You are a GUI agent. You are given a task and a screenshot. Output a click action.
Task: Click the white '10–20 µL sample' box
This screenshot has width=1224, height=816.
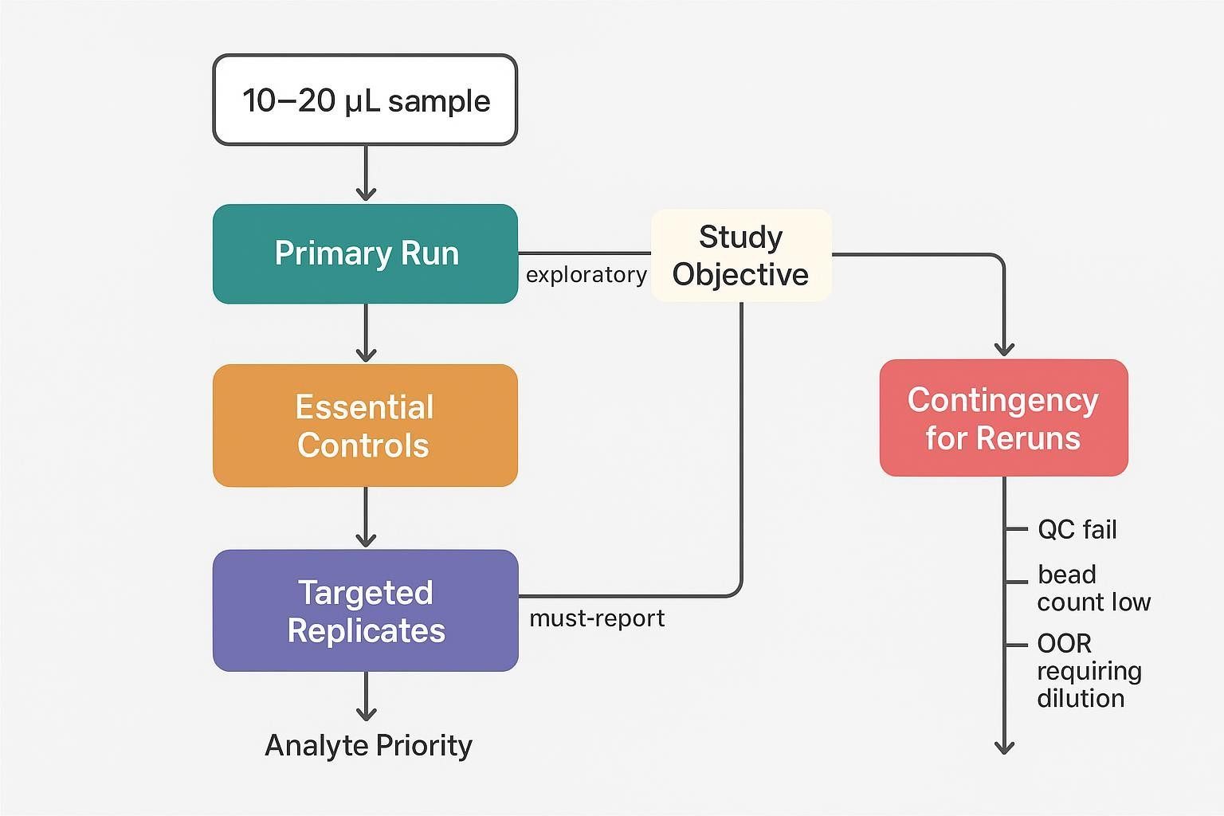[x=365, y=100]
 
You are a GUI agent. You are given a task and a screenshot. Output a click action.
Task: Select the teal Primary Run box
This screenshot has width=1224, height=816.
[x=365, y=253]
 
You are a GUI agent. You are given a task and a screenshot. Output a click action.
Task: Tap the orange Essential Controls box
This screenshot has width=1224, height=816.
[x=365, y=426]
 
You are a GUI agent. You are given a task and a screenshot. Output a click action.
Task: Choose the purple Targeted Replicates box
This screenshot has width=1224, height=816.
[x=365, y=610]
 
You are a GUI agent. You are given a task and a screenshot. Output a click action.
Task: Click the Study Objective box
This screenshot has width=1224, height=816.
[x=741, y=255]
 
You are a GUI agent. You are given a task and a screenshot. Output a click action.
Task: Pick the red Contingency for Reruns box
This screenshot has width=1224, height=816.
[x=1003, y=418]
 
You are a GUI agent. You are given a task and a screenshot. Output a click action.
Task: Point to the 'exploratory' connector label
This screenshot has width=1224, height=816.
[x=586, y=275]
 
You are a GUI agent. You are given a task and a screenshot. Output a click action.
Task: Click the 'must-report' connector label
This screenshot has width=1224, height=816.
[x=597, y=618]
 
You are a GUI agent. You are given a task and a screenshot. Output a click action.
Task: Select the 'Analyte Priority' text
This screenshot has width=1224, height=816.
[x=368, y=746]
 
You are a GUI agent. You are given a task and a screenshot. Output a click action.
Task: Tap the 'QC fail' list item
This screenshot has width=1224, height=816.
[x=1077, y=529]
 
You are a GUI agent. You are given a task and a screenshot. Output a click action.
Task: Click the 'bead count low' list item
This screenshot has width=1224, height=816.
[x=1093, y=588]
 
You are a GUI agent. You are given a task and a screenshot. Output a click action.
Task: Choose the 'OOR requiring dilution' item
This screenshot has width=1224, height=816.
[x=1089, y=671]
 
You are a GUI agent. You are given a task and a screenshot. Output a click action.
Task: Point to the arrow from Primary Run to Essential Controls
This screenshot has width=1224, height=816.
[x=366, y=334]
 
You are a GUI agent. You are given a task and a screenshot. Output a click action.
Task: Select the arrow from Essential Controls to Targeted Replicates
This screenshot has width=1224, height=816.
[x=366, y=518]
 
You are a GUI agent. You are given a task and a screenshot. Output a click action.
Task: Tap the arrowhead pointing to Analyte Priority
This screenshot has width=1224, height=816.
[x=366, y=712]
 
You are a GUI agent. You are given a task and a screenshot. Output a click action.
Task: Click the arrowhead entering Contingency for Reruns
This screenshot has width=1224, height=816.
[x=1004, y=348]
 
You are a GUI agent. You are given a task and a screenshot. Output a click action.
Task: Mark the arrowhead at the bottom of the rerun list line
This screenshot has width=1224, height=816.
[x=1004, y=746]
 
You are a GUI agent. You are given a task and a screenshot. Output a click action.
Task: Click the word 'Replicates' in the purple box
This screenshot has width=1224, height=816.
[x=366, y=630]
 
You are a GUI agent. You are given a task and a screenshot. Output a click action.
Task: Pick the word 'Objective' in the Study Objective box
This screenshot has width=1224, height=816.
[x=740, y=274]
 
